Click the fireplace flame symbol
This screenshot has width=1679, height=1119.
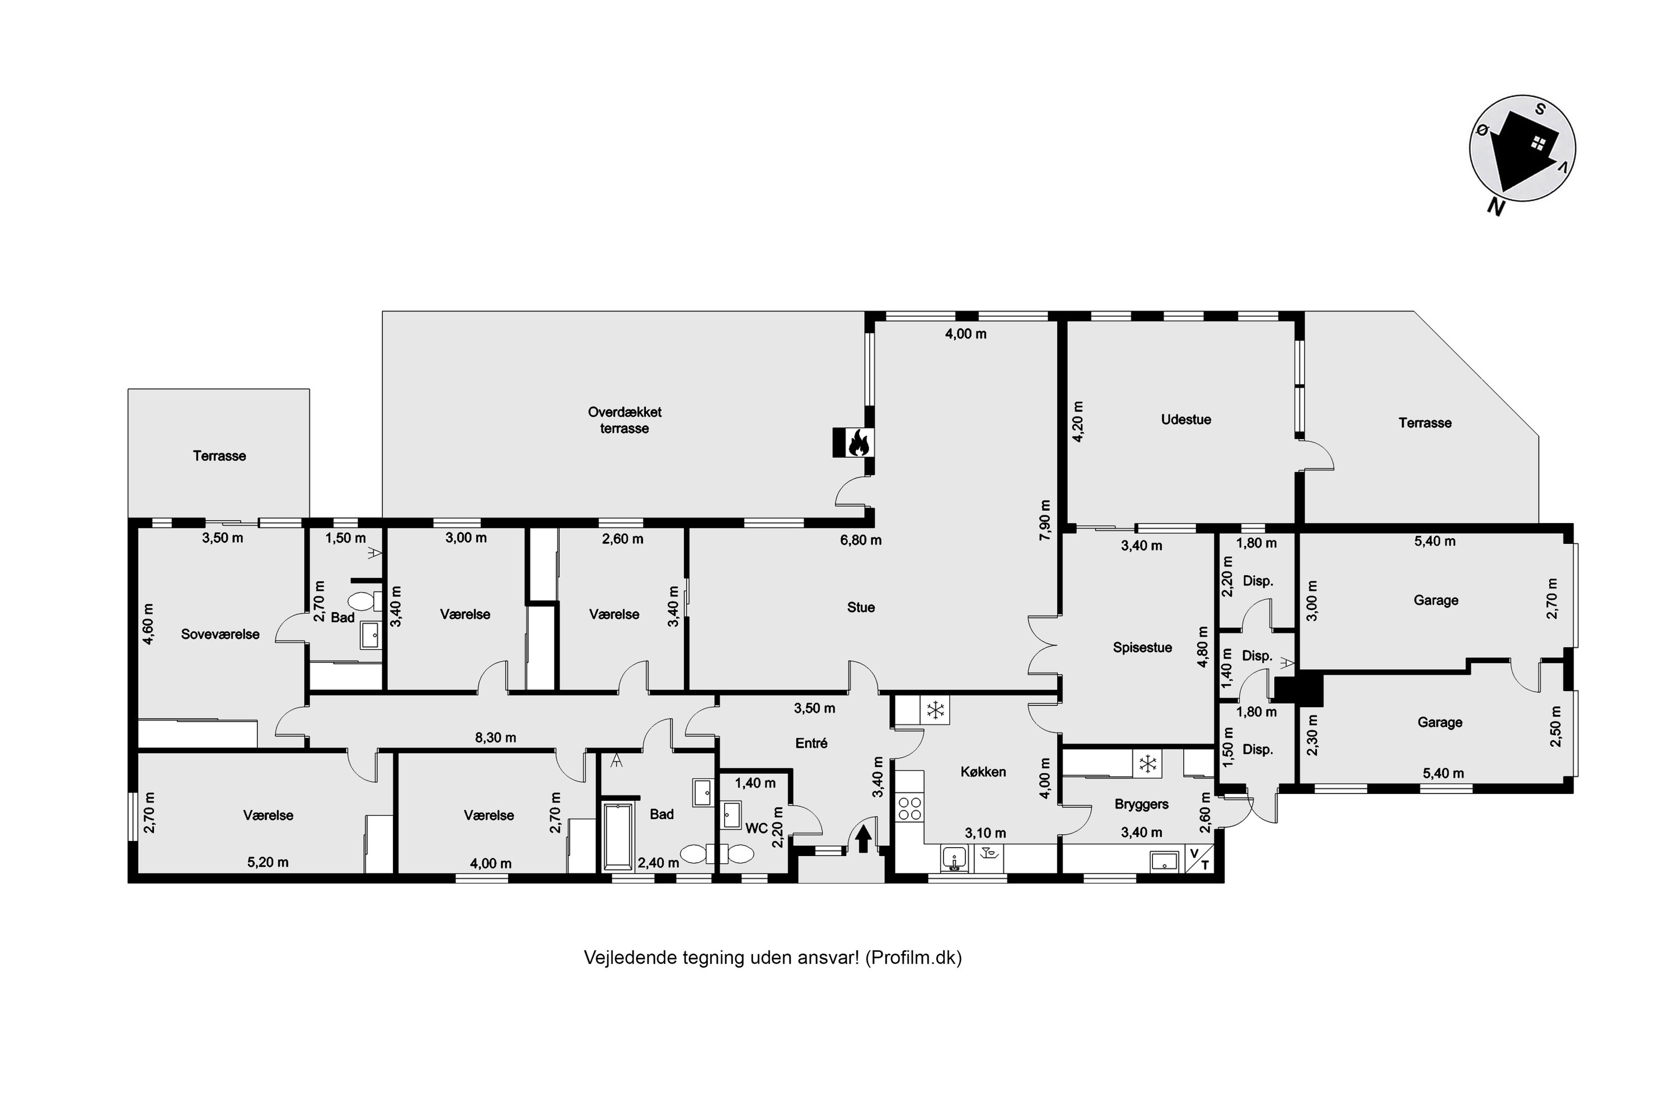pyautogui.click(x=858, y=443)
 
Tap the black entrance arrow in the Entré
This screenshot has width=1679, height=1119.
pyautogui.click(x=863, y=838)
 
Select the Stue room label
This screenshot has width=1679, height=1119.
pyautogui.click(x=861, y=607)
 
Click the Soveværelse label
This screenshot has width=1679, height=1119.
pyautogui.click(x=220, y=634)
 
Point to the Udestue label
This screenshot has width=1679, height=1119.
pyautogui.click(x=1186, y=420)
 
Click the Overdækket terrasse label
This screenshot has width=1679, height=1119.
pyautogui.click(x=625, y=420)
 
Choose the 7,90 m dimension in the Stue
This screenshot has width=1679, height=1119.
pyautogui.click(x=1045, y=520)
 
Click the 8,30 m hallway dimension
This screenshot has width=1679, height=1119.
pyautogui.click(x=495, y=738)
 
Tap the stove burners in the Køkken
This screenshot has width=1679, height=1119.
pyautogui.click(x=909, y=808)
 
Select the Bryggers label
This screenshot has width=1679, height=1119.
pyautogui.click(x=1142, y=805)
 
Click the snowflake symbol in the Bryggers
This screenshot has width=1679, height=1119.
pyautogui.click(x=1147, y=764)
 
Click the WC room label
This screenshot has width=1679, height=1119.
pyautogui.click(x=756, y=829)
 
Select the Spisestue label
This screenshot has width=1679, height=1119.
pyautogui.click(x=1142, y=648)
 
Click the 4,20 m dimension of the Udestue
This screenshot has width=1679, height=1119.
pyautogui.click(x=1078, y=422)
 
